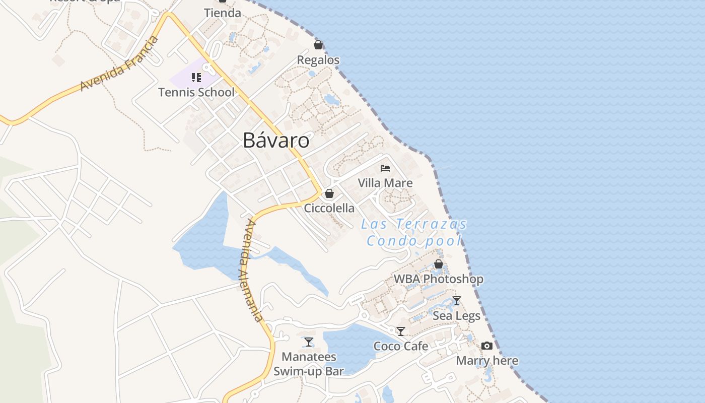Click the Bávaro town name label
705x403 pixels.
[276, 141]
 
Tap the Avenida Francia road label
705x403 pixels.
[119, 64]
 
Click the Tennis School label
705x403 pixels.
[196, 92]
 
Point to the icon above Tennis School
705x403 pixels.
[196, 78]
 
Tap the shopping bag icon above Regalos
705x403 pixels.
[318, 45]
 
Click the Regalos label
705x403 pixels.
[318, 60]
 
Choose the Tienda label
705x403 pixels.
[223, 13]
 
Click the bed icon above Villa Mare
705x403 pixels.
[385, 168]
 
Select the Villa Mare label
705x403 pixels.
[385, 183]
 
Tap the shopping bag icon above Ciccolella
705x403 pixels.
[329, 193]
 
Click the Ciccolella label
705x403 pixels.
[329, 208]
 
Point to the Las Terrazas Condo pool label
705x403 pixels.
[414, 232]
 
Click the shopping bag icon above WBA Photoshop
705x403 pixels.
[439, 264]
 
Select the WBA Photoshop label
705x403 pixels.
[439, 279]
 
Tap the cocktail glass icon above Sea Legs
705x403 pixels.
[457, 301]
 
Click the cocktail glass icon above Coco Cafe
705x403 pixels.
[401, 331]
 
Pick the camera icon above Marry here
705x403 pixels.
[487, 346]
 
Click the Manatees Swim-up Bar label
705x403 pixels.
[309, 364]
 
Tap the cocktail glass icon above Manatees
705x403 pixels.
[309, 342]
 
